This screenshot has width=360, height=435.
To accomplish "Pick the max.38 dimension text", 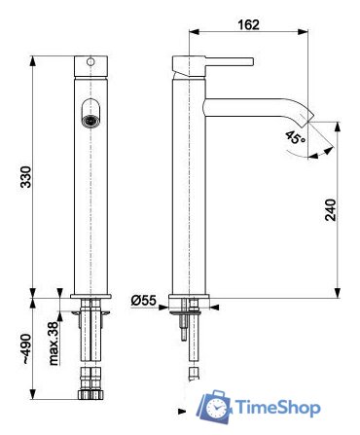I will tap(57, 343).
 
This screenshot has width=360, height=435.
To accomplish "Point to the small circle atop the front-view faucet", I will tap(90, 65).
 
